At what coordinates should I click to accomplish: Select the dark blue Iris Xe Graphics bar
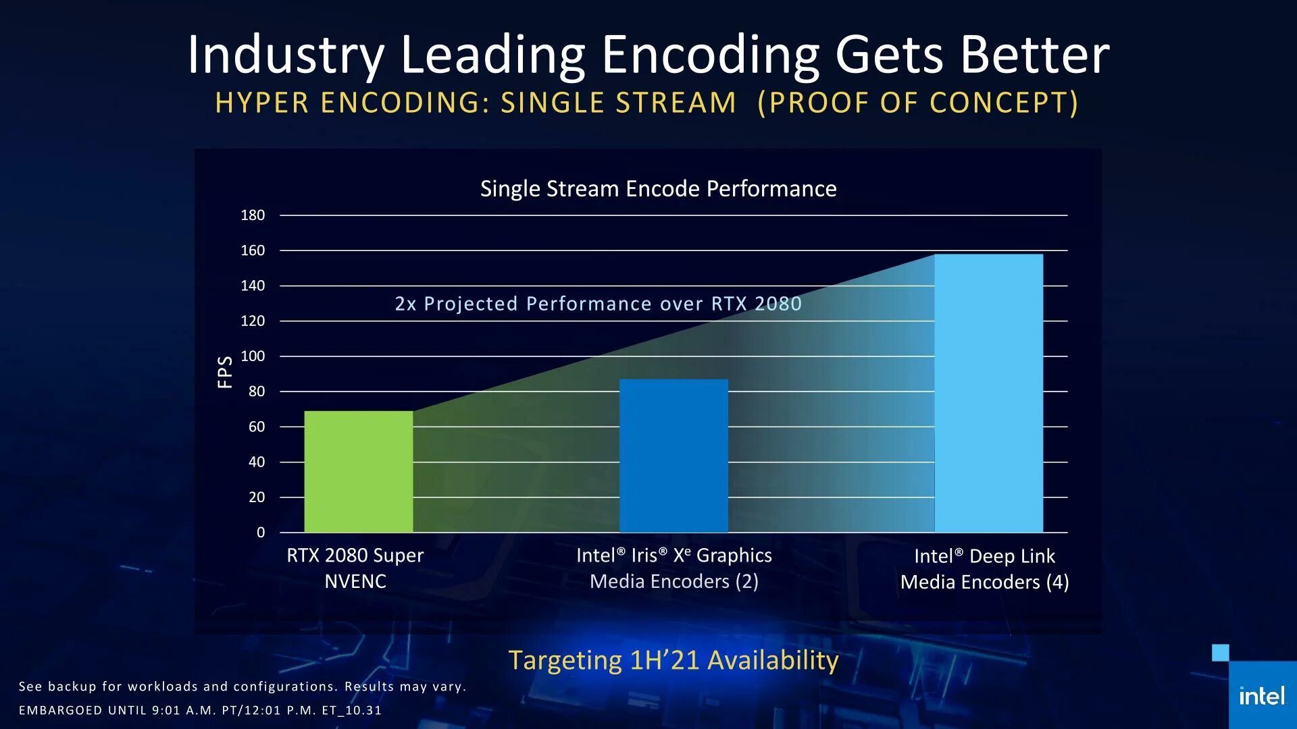click(673, 456)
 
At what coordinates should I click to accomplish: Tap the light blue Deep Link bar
click(988, 393)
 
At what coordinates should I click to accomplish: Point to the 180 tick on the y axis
click(253, 215)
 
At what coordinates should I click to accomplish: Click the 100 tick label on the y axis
click(253, 356)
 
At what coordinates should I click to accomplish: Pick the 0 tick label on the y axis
click(261, 532)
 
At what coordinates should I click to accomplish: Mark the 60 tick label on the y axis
click(257, 427)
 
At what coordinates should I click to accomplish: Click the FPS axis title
click(225, 372)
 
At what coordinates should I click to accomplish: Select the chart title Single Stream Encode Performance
click(658, 188)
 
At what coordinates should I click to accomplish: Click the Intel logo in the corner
click(1261, 696)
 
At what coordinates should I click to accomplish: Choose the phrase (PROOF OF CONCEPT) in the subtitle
click(918, 103)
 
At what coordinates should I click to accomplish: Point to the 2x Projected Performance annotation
click(598, 304)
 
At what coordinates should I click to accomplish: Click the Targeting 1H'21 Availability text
click(673, 659)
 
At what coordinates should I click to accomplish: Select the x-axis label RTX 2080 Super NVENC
click(355, 568)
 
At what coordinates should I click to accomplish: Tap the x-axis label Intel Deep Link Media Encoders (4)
click(984, 568)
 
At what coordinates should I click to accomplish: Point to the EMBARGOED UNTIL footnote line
click(200, 710)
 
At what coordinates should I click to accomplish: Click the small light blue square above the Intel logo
click(1220, 652)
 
